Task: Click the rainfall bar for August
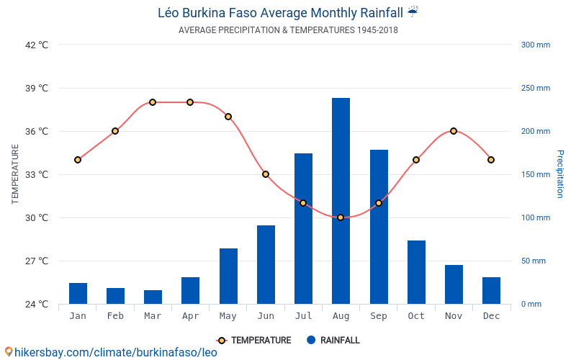click(x=341, y=201)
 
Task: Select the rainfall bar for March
click(x=153, y=297)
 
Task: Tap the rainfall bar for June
click(x=266, y=264)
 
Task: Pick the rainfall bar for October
click(x=416, y=272)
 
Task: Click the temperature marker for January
click(x=78, y=160)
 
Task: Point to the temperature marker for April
click(x=190, y=102)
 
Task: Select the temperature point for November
click(x=454, y=131)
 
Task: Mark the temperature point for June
click(x=266, y=174)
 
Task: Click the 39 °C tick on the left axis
click(x=37, y=89)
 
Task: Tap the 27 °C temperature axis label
click(x=37, y=261)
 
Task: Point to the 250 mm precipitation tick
click(x=535, y=89)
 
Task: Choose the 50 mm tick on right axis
click(x=534, y=261)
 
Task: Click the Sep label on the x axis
click(x=379, y=316)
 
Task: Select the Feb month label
click(x=115, y=316)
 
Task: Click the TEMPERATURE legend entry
click(x=253, y=341)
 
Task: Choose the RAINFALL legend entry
click(x=333, y=341)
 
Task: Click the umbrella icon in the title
click(x=413, y=12)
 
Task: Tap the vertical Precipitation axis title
click(x=560, y=174)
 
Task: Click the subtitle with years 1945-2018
click(x=288, y=30)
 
